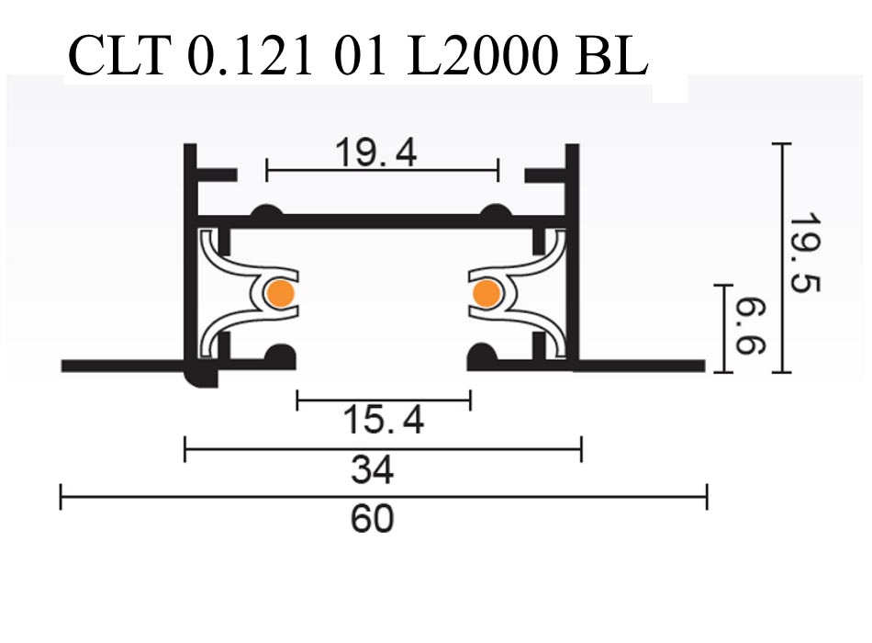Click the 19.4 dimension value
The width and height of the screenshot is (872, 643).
pyautogui.click(x=375, y=153)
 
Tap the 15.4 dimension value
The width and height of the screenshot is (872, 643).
pyautogui.click(x=384, y=421)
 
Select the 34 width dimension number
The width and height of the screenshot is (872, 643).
pyautogui.click(x=373, y=470)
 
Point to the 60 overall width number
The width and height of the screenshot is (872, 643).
pyautogui.click(x=373, y=519)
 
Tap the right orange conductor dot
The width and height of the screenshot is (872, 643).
pyautogui.click(x=485, y=293)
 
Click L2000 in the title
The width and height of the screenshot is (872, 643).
pyautogui.click(x=481, y=57)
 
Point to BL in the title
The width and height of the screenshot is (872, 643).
pyautogui.click(x=612, y=57)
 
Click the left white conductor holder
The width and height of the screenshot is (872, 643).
pyautogui.click(x=239, y=294)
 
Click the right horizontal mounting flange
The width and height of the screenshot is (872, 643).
pyautogui.click(x=643, y=366)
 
